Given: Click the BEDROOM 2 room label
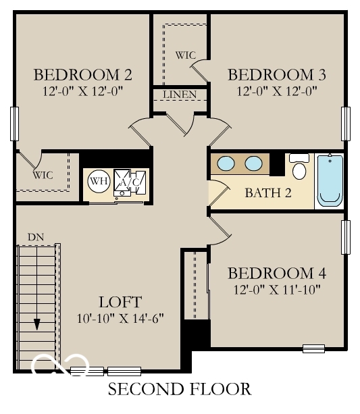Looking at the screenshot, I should coord(82,74).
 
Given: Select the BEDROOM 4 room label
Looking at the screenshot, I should coord(277,274).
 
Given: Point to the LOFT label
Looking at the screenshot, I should coord(120,301).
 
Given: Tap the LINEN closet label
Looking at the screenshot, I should coord(180,94).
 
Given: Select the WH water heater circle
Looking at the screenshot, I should coord(99,181).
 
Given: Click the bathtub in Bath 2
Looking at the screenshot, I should coord(330,179).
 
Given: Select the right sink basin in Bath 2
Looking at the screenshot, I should coord(253,163).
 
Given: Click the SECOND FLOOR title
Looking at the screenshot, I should coord(180,389).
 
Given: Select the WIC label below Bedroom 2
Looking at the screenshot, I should coord(43,175).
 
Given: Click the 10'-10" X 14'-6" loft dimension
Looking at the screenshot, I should coord(120,317).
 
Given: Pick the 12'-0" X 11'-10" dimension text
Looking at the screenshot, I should coord(277,290).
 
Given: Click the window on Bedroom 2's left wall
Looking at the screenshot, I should coord(14,123).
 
